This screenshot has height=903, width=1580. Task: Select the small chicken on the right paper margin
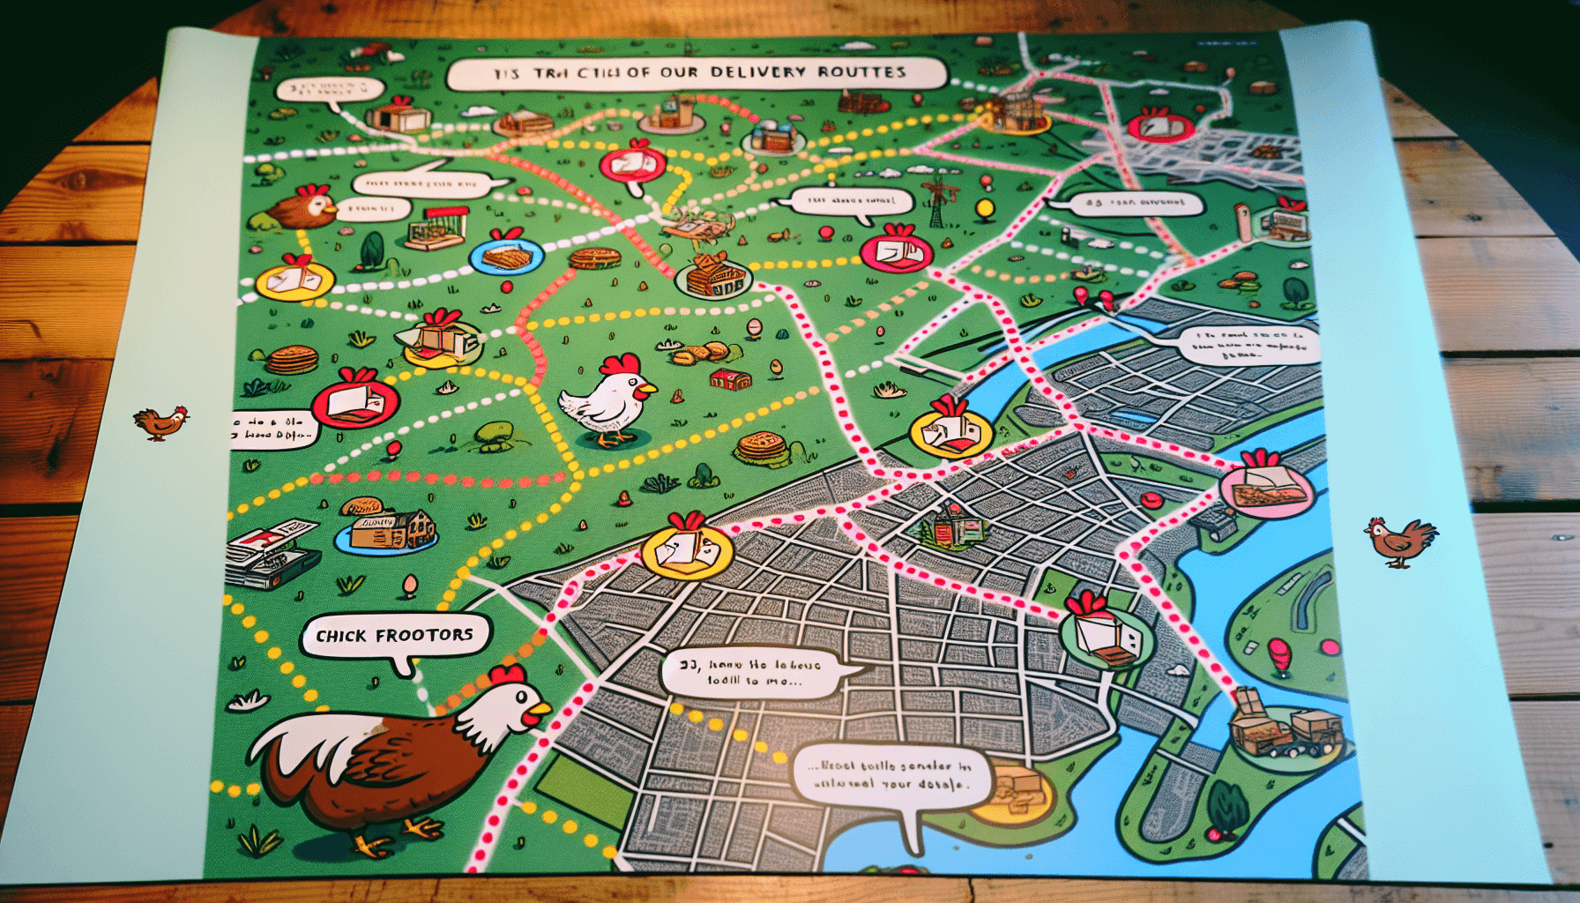click(1400, 540)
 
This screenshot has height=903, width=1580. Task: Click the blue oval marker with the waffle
click(506, 257)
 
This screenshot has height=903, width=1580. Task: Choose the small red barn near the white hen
click(730, 380)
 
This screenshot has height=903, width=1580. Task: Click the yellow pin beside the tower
click(984, 208)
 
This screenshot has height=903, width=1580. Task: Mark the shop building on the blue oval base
click(388, 529)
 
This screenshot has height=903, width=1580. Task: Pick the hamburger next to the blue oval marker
click(594, 258)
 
